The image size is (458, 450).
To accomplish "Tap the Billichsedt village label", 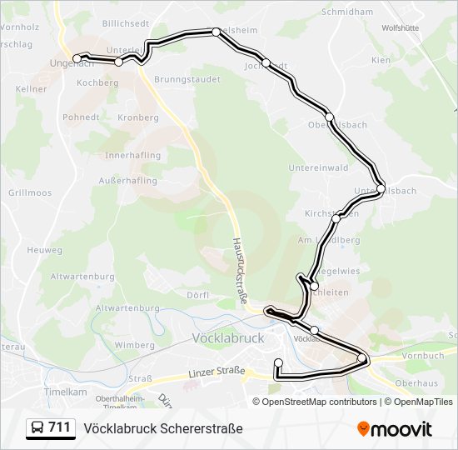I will pyautogui.click(x=125, y=24).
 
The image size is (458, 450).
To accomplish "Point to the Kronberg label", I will pyautogui.click(x=138, y=117).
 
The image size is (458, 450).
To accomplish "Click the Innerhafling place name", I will pyautogui.click(x=133, y=156).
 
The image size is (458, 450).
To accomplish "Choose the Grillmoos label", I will pyautogui.click(x=30, y=192).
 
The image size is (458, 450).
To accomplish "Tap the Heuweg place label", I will pyautogui.click(x=44, y=250).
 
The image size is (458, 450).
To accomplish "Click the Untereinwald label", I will pyautogui.click(x=318, y=167).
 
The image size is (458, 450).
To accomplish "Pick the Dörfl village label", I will pyautogui.click(x=197, y=294).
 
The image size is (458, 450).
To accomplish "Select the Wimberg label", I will pyautogui.click(x=134, y=345).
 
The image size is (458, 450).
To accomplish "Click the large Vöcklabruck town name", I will pyautogui.click(x=227, y=339).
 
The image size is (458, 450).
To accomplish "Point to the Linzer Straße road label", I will pyautogui.click(x=216, y=371).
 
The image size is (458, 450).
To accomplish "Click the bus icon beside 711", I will pyautogui.click(x=37, y=428).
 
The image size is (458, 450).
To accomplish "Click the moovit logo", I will pyautogui.click(x=395, y=429).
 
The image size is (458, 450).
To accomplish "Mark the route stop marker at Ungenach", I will pyautogui.click(x=77, y=58).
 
